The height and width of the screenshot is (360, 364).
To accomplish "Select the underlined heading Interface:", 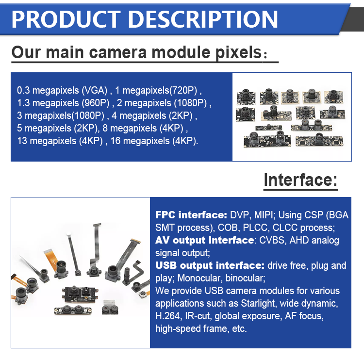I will (300, 180).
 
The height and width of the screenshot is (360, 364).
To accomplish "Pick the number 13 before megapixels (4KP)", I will (22, 141).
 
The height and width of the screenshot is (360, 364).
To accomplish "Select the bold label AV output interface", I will (204, 240).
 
